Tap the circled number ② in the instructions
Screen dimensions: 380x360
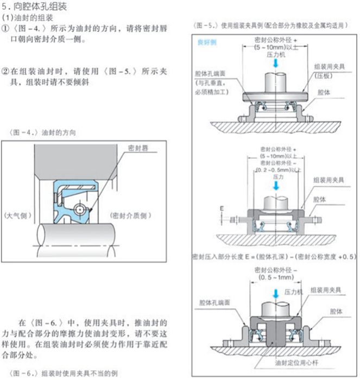(x=7, y=71)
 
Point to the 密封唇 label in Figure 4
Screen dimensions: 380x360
(x=138, y=148)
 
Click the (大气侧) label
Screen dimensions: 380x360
(x=18, y=216)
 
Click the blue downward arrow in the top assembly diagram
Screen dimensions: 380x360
(x=277, y=64)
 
